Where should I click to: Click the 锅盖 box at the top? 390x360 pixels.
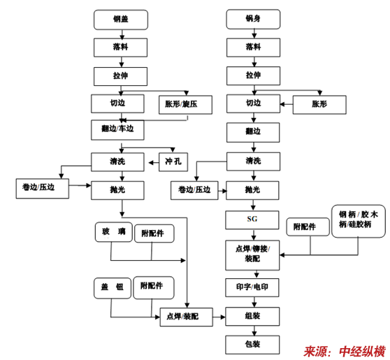[121, 20]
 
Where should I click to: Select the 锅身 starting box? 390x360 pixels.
[253, 19]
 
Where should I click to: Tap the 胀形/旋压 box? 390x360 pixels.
[185, 105]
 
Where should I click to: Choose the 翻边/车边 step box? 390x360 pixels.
[117, 130]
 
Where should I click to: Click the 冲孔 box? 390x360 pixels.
[173, 162]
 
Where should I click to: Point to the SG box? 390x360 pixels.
[252, 220]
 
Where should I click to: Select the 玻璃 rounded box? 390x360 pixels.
[114, 232]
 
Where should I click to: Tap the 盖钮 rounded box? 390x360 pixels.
[113, 288]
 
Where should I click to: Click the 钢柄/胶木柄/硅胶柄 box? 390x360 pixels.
[359, 221]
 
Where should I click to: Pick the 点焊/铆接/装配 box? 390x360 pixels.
[252, 255]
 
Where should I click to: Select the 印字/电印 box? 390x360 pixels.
[252, 287]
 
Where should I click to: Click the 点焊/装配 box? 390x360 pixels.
[187, 317]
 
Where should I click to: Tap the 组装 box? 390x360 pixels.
[252, 317]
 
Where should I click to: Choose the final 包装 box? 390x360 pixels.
[252, 345]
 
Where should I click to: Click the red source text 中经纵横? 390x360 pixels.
[362, 352]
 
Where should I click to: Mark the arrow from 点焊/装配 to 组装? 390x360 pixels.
[219, 317]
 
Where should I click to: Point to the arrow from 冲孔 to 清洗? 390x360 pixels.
[154, 163]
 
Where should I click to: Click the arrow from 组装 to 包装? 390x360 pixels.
[254, 331]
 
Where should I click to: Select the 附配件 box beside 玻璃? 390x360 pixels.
[154, 233]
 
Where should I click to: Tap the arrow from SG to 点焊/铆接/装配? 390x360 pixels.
[254, 235]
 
